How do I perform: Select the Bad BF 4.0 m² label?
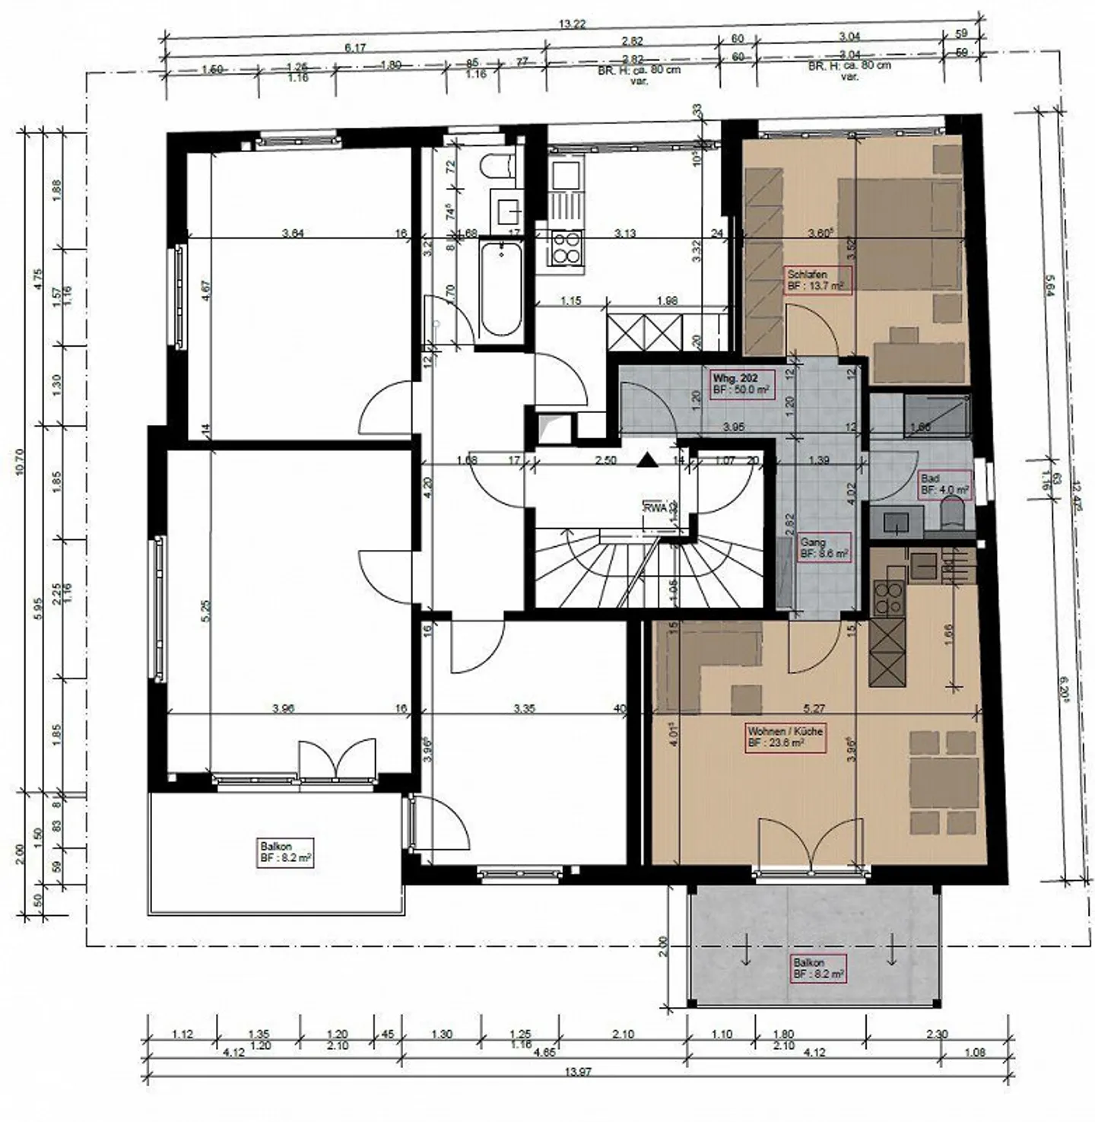pyautogui.click(x=944, y=485)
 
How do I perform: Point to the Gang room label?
pyautogui.click(x=824, y=548)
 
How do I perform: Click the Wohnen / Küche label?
pyautogui.click(x=786, y=737)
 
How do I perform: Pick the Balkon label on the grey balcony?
pyautogui.click(x=817, y=968)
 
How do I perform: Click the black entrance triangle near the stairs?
pyautogui.click(x=646, y=459)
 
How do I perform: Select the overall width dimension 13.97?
pyautogui.click(x=579, y=1072)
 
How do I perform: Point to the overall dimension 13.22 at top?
pyautogui.click(x=572, y=24)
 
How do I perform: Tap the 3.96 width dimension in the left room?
pyautogui.click(x=283, y=709)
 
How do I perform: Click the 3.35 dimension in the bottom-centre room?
pyautogui.click(x=524, y=709)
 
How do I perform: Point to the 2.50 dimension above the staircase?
pyautogui.click(x=605, y=460)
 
